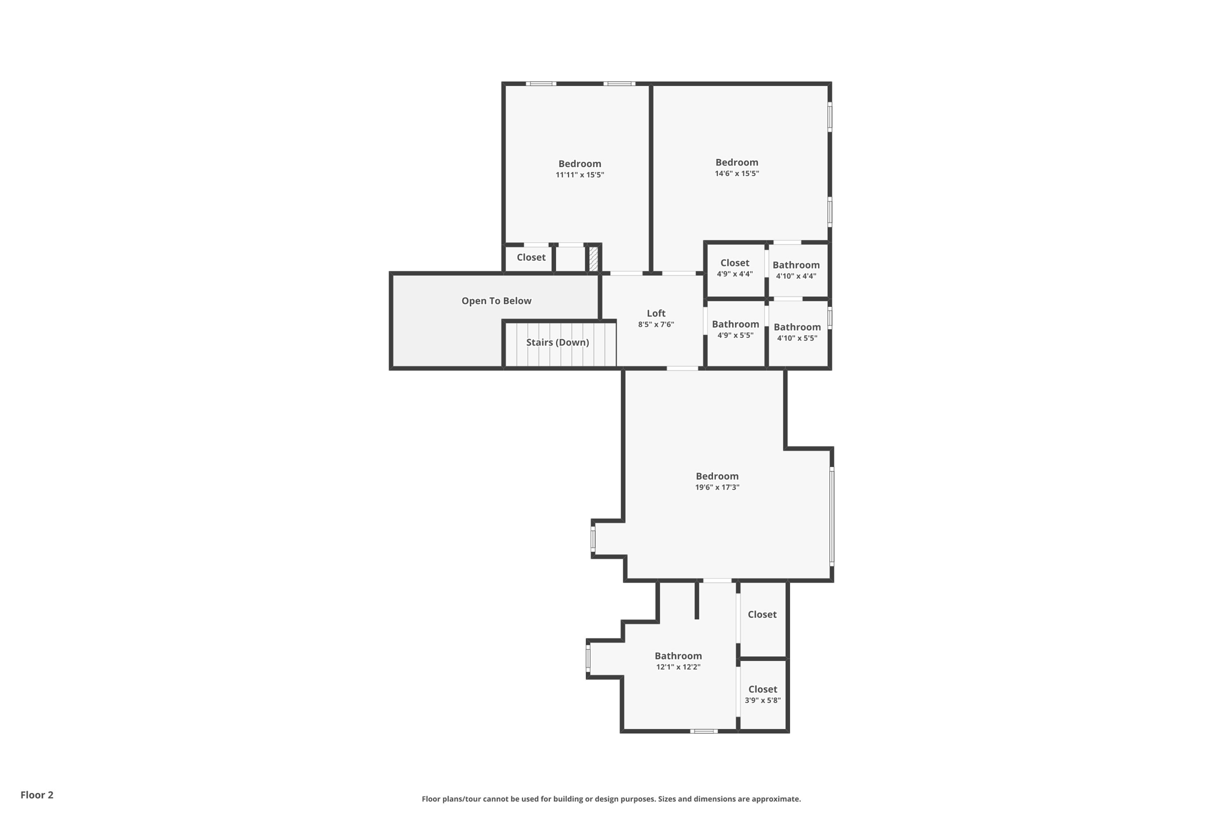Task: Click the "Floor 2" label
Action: click(37, 795)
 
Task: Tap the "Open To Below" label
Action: click(496, 301)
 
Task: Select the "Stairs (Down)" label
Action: click(557, 342)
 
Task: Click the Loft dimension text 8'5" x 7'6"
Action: click(656, 325)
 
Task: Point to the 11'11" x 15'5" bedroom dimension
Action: click(580, 175)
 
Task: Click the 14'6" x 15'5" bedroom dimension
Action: click(737, 174)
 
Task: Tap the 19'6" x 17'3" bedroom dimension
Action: click(717, 487)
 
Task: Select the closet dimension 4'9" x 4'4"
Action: click(735, 274)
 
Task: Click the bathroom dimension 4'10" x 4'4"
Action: click(796, 276)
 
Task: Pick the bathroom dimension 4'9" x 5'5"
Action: click(735, 336)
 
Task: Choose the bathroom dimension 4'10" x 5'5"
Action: click(797, 338)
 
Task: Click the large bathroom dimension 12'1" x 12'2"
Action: click(678, 667)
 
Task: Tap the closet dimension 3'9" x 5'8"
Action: click(763, 700)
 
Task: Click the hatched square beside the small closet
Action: click(594, 259)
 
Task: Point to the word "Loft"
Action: click(656, 313)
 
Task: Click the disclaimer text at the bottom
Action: click(611, 799)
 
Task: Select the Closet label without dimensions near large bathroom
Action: click(762, 614)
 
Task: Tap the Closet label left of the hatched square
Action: click(531, 257)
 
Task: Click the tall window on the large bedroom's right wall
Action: click(832, 516)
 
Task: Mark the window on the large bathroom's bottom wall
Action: click(704, 731)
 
